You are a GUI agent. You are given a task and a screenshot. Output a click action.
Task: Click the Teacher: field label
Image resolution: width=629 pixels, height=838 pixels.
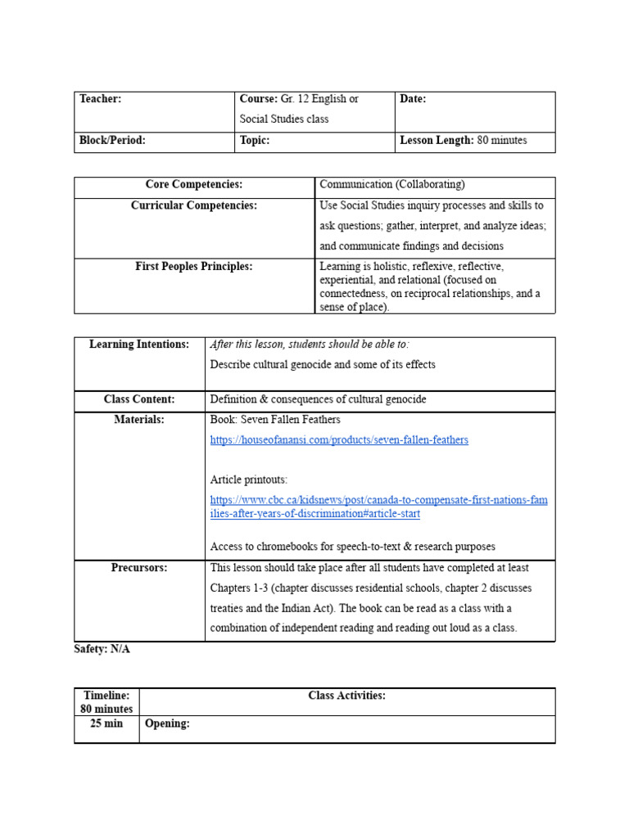[100, 99]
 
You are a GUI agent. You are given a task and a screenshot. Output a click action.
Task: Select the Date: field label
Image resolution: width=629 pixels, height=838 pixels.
[413, 99]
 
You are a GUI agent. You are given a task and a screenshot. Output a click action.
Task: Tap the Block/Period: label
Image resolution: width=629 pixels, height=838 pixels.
[112, 141]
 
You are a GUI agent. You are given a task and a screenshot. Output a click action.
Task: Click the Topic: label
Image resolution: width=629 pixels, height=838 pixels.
[255, 141]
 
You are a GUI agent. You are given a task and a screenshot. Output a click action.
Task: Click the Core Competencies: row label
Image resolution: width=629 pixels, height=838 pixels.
[194, 185]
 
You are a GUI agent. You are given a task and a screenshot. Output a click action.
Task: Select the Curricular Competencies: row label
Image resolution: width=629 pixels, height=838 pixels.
[194, 206]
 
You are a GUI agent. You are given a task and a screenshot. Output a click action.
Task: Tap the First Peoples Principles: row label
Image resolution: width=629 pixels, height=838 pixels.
[194, 267]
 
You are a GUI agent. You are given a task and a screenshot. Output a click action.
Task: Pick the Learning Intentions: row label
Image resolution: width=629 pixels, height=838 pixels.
[139, 345]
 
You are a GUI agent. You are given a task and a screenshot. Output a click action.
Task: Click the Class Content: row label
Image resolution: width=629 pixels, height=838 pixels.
[139, 399]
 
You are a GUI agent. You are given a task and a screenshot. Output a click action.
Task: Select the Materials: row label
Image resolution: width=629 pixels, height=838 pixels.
[139, 420]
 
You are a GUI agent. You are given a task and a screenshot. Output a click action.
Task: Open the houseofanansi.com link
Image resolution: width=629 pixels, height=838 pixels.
[339, 440]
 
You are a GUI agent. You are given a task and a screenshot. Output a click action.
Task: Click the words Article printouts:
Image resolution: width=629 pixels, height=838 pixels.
[249, 480]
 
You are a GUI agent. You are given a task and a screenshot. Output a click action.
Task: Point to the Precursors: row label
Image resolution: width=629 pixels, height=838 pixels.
[139, 568]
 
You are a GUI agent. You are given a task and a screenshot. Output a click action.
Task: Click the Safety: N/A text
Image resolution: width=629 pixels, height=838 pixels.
[102, 649]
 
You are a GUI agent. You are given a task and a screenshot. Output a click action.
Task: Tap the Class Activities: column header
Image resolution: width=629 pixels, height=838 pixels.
[346, 696]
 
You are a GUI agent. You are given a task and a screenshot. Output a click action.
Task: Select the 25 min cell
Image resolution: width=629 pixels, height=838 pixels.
[106, 724]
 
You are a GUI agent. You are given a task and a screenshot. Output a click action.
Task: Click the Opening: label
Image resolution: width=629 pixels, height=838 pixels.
[167, 724]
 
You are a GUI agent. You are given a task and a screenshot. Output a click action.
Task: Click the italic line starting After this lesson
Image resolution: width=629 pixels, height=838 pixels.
[310, 345]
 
